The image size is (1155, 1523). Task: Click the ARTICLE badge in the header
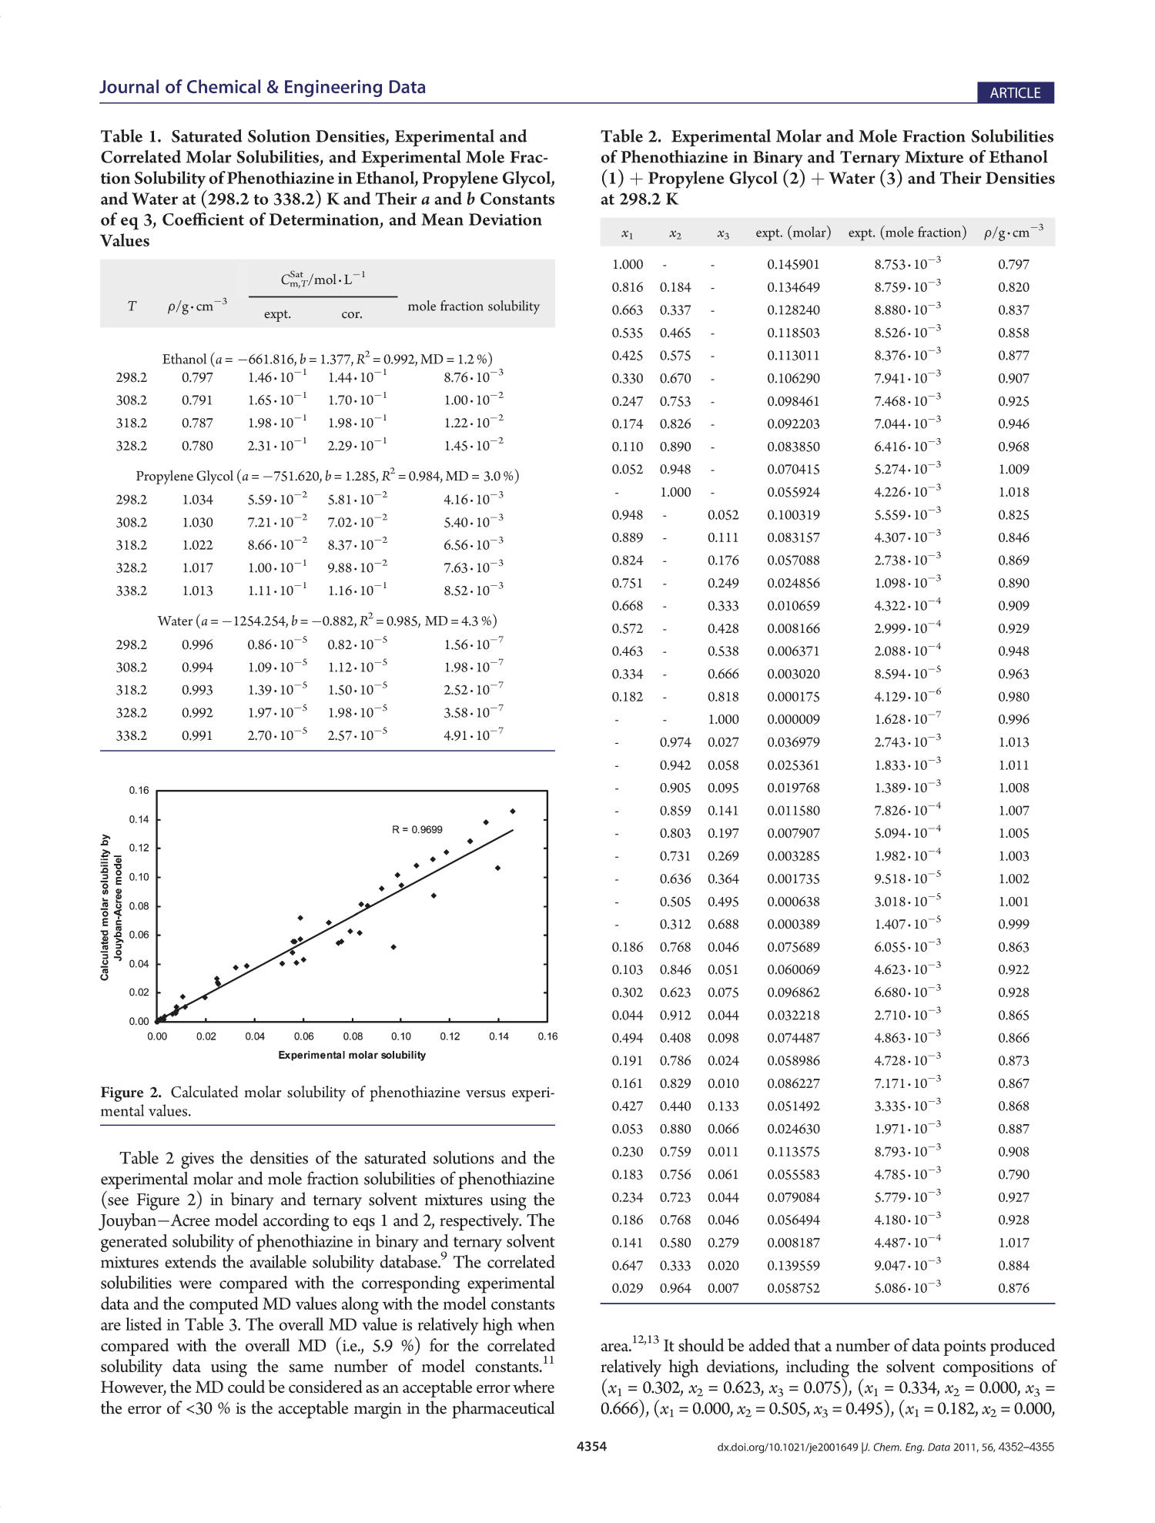pos(1014,93)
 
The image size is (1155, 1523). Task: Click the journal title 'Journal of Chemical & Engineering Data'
pos(262,87)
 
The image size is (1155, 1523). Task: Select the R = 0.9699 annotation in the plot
pos(417,829)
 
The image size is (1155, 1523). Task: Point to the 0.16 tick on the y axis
pos(139,790)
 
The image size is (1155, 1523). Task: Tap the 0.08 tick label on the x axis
pos(353,1036)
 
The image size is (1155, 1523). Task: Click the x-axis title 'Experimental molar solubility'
pos(352,1055)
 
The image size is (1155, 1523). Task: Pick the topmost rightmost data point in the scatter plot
pos(513,811)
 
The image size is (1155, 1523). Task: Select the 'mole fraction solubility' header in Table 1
pos(474,306)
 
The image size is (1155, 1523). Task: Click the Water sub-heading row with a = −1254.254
pos(327,621)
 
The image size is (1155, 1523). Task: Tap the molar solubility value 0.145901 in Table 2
pos(793,265)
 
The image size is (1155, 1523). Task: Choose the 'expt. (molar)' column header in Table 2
pos(793,233)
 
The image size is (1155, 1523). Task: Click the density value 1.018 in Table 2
pos(1013,492)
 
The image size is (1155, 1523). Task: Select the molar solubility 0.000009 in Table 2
pos(793,719)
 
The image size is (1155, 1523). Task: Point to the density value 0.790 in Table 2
pos(1013,1174)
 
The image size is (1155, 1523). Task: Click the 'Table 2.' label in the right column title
pos(631,137)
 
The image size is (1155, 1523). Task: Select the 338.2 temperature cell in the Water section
pos(132,735)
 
